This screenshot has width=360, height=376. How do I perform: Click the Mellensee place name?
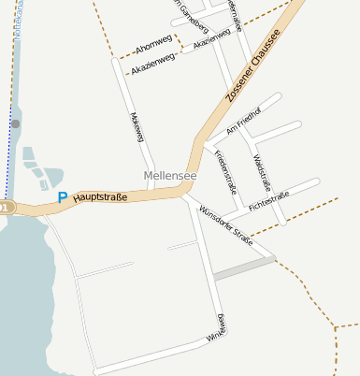170,175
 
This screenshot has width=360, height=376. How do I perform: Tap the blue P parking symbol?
63,197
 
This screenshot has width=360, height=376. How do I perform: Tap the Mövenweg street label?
139,128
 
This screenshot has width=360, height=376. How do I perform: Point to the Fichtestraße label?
269,199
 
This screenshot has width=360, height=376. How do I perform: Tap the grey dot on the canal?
15,123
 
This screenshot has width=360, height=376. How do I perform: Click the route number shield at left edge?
6,206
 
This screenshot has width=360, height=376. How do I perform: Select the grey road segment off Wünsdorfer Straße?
244,268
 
